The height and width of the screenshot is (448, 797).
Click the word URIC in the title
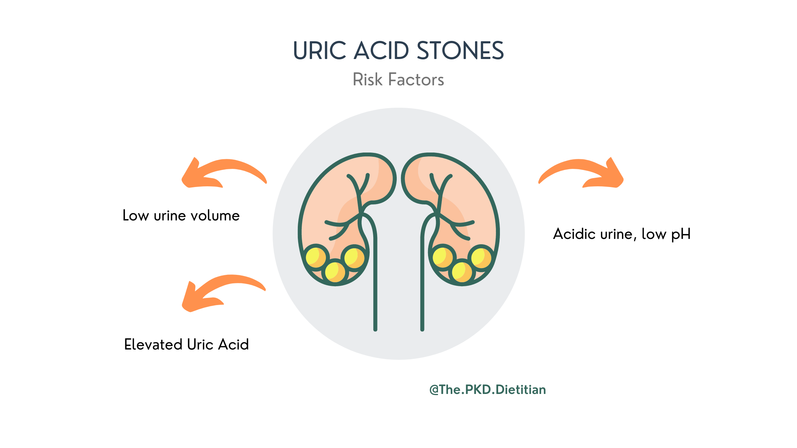[320, 50]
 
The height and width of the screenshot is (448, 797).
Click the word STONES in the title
[460, 50]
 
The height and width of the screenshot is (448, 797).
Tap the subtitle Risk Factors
[398, 80]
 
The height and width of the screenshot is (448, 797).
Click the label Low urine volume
[181, 216]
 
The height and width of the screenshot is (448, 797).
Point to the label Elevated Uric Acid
[186, 345]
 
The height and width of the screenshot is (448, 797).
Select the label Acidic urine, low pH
[622, 234]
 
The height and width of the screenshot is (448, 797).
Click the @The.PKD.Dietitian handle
[487, 390]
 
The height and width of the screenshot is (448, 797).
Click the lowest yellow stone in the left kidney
[335, 272]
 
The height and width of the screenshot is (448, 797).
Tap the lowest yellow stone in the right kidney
[462, 272]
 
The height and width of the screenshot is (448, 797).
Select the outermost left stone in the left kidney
[316, 257]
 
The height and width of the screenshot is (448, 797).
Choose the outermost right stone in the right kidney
[481, 257]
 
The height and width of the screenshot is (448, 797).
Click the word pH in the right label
[681, 235]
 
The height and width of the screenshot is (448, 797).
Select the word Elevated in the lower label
[153, 345]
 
